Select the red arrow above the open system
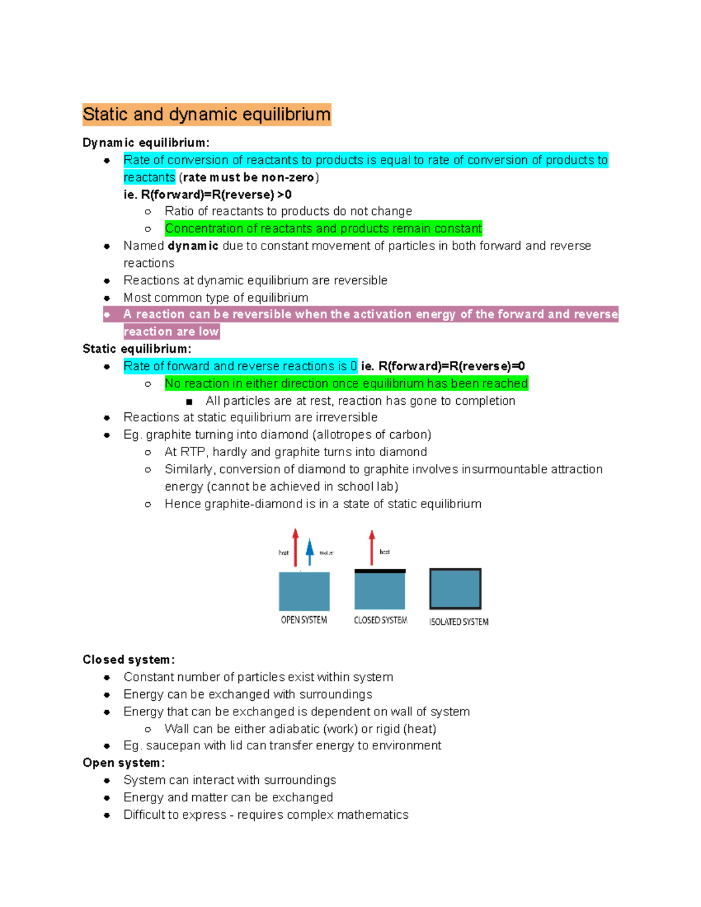[296, 547]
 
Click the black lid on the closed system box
[380, 571]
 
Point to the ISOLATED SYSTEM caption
[459, 622]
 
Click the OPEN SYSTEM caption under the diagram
[304, 620]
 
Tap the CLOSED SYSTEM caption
[380, 620]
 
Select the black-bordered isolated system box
[455, 589]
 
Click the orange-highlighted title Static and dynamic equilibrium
[207, 114]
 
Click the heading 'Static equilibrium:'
[137, 349]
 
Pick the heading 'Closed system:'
[129, 659]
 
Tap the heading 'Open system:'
[124, 763]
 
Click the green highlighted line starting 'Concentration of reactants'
[323, 228]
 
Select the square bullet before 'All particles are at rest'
[189, 401]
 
